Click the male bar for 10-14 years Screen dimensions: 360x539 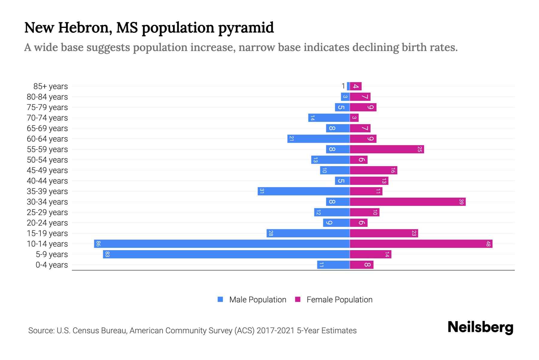222,244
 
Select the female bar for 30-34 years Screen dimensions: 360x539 407,202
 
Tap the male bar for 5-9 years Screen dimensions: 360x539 226,254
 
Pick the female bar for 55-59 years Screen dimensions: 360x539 387,149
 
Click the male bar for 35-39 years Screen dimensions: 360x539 303,191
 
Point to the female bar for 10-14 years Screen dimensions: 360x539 421,244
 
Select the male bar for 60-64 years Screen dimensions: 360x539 318,139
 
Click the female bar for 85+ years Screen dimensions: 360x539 356,86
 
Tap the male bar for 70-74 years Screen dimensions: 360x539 329,118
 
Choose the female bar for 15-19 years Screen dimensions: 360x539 384,233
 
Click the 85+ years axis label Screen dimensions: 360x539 50,86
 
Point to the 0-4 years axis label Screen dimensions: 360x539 52,265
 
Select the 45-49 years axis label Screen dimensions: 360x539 47,170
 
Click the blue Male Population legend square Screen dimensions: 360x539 220,299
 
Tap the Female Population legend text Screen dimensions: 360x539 339,300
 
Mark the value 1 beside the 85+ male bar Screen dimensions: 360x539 343,86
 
